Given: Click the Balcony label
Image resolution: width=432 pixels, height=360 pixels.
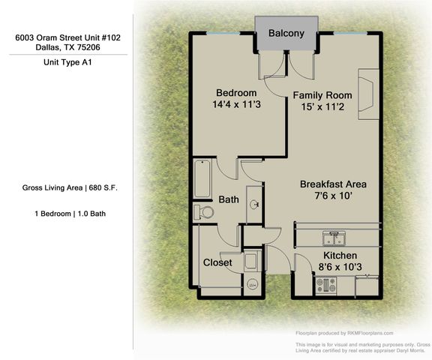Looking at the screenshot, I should pyautogui.click(x=286, y=33).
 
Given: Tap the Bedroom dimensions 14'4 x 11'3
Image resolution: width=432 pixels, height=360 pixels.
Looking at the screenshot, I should pyautogui.click(x=236, y=105).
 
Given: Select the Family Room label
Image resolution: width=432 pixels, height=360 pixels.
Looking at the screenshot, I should pyautogui.click(x=322, y=95).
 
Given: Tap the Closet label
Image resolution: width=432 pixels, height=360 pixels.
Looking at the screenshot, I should pyautogui.click(x=217, y=262).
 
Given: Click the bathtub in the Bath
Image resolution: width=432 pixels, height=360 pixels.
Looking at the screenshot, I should pyautogui.click(x=202, y=178).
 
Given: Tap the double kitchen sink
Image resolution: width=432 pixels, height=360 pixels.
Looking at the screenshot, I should pyautogui.click(x=334, y=238).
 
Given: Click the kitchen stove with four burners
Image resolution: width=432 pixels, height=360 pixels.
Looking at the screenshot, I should pyautogui.click(x=327, y=285).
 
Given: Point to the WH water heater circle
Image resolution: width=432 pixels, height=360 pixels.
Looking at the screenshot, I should pyautogui.click(x=253, y=283).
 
